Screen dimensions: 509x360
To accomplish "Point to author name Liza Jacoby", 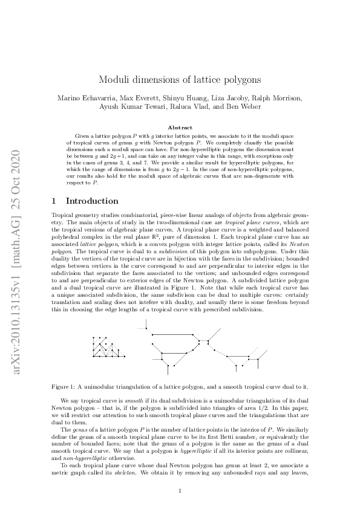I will pos(221,98).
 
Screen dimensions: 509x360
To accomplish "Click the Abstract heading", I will pos(180,128).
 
